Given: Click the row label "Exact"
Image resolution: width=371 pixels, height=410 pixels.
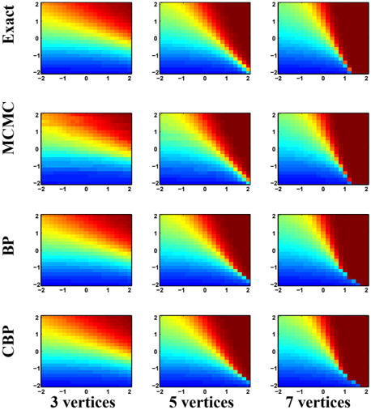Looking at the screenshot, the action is [x=8, y=24].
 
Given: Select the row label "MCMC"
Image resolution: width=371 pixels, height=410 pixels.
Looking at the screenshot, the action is [x=8, y=128].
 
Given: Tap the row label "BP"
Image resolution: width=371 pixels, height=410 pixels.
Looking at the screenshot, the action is [x=8, y=246].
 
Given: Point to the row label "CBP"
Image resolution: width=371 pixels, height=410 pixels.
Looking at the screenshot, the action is [x=8, y=341].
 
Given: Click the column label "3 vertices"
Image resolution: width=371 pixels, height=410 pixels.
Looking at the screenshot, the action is [x=83, y=402].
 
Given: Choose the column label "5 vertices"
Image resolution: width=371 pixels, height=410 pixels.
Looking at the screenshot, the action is [x=202, y=402].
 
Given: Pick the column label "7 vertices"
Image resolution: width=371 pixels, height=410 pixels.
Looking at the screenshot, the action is [x=318, y=402].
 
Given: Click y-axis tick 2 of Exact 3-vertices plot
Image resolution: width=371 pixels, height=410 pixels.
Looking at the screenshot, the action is [x=36, y=5].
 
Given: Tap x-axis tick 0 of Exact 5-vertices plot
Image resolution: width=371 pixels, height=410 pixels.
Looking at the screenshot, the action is [x=205, y=79].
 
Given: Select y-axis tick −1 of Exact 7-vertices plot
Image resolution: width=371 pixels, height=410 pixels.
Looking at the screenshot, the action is [x=273, y=56].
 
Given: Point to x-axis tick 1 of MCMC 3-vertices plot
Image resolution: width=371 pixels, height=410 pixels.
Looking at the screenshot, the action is [x=108, y=190].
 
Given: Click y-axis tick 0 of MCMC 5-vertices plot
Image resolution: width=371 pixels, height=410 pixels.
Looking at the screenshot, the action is [x=156, y=149].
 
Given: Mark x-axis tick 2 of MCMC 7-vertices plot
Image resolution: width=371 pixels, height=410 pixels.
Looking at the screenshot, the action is [x=366, y=190].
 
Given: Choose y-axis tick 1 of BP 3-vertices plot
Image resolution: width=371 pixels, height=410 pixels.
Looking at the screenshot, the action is [x=36, y=233].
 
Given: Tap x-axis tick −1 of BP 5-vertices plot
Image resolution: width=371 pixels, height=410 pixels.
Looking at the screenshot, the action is [x=181, y=290].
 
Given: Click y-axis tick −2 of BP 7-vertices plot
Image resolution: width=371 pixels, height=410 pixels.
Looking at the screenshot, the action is [x=273, y=284].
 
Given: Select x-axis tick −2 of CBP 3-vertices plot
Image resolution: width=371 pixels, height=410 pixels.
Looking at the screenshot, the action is [x=41, y=391].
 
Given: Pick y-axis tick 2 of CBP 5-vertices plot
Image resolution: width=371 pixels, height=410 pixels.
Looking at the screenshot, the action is [x=156, y=318].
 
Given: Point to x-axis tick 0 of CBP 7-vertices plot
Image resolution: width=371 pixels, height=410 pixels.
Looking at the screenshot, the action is [x=323, y=391].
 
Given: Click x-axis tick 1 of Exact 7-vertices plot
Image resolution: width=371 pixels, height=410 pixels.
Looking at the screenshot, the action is [x=345, y=79].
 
